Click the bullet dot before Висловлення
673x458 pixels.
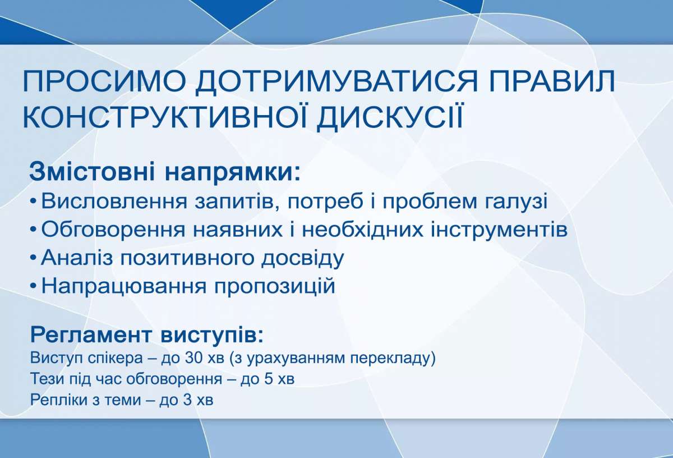[x=34, y=201]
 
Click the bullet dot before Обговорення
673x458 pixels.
[x=34, y=230]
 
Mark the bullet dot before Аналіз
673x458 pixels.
[x=34, y=258]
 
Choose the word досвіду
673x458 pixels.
[x=302, y=258]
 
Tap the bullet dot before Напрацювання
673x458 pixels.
[x=34, y=287]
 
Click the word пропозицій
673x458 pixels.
[x=275, y=287]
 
